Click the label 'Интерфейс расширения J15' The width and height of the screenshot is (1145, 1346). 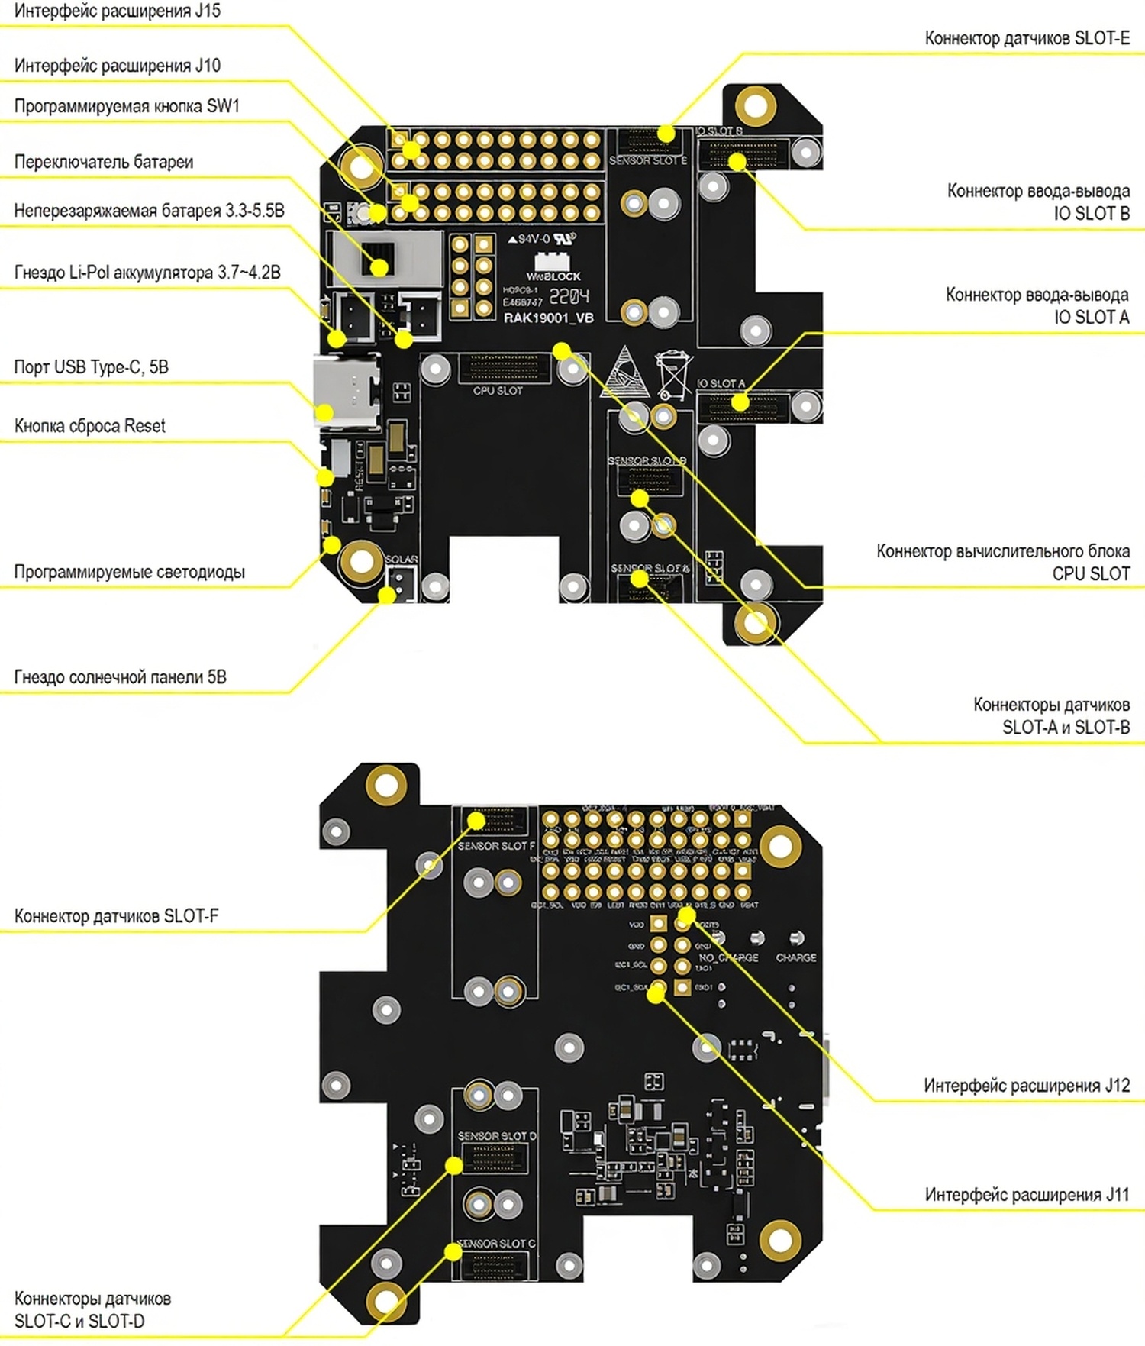coord(118,11)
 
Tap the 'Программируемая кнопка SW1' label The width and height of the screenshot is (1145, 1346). coord(127,106)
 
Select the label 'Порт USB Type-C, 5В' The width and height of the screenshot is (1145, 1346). coord(91,367)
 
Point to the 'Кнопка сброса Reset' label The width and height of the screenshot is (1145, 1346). coord(89,426)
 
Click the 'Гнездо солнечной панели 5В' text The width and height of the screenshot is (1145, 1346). coord(120,677)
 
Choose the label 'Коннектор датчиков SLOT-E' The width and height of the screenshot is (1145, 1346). coord(1027,38)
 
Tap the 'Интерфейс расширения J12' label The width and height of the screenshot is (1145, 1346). coord(1026,1086)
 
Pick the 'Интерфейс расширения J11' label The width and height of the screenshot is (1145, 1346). coord(1027,1195)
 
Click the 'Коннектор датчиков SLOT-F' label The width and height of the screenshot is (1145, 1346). coord(116,915)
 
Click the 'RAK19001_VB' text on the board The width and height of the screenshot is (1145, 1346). coord(548,318)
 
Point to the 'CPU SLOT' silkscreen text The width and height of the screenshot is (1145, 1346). coord(498,391)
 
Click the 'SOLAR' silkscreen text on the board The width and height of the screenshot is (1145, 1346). coord(401,560)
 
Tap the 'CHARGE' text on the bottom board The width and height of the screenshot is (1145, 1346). coord(795,957)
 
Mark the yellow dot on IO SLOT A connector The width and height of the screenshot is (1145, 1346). coord(740,402)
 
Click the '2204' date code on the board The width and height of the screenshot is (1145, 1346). coord(569,296)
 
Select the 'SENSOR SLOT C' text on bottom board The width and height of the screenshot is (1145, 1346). coord(496,1244)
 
